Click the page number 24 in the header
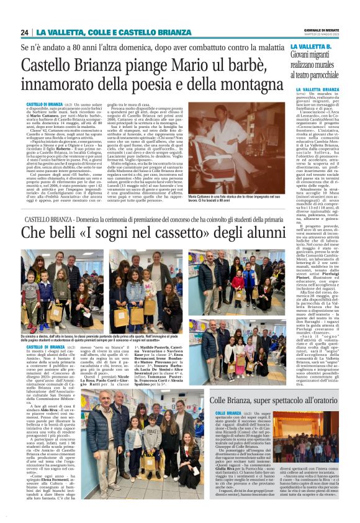25,32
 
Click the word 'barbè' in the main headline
214,64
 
